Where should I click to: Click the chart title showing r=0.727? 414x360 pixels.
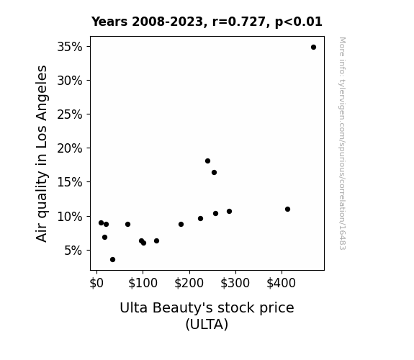click(x=207, y=22)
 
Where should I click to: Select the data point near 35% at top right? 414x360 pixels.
click(x=313, y=48)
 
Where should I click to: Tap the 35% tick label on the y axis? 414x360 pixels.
click(x=70, y=47)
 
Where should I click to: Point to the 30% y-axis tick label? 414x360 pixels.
click(x=70, y=81)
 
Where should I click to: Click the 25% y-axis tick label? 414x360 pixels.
click(x=70, y=114)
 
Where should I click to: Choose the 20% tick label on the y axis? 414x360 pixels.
click(x=70, y=148)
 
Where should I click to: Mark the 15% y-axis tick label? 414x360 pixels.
click(x=70, y=182)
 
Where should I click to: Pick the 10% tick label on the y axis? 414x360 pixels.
click(x=70, y=217)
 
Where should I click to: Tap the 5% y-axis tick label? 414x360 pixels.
click(x=73, y=251)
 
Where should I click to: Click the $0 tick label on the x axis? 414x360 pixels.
click(x=96, y=283)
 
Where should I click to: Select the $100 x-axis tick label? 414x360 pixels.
click(x=143, y=283)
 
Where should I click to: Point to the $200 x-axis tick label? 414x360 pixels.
click(x=189, y=283)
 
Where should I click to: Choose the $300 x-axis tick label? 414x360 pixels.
click(x=235, y=283)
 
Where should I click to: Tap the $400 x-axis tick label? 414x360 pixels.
click(x=282, y=283)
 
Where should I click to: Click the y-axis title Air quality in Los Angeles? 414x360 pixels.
click(x=42, y=153)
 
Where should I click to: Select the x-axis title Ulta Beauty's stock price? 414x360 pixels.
click(x=207, y=307)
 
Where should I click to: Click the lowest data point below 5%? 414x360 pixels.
click(x=112, y=260)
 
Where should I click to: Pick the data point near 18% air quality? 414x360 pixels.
click(x=207, y=161)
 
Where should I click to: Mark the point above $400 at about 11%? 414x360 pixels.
click(x=287, y=210)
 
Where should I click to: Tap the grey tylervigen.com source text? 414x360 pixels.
click(x=343, y=143)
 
